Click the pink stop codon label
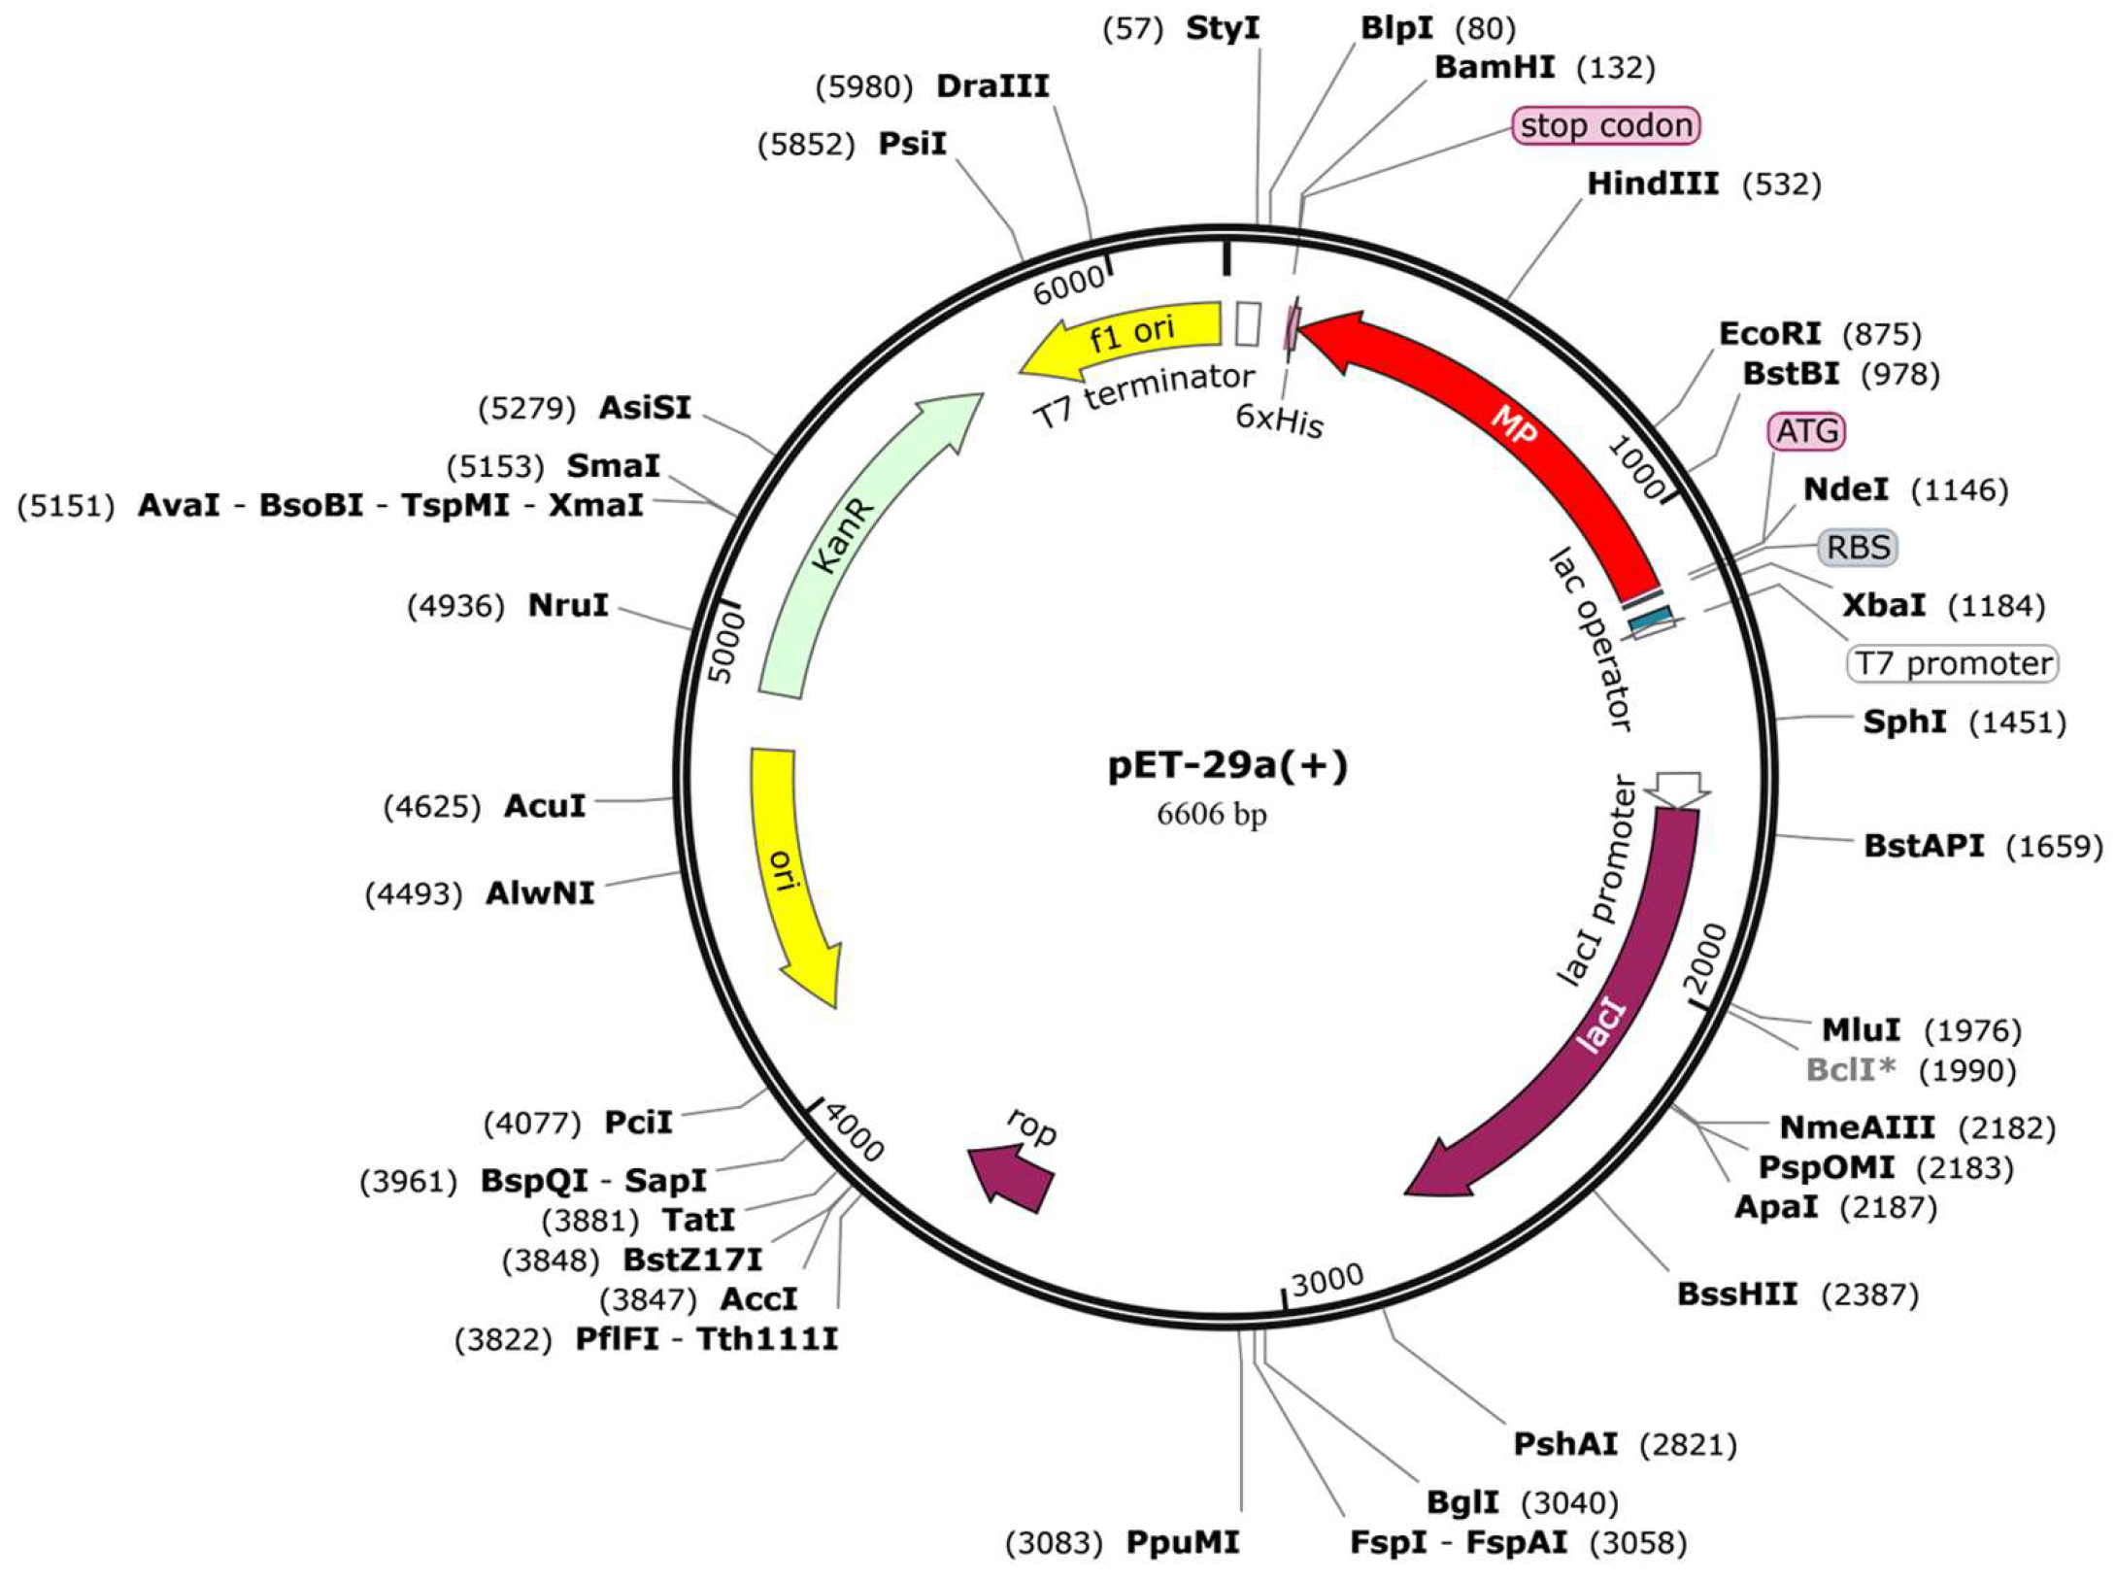tap(1606, 125)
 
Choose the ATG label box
tap(1807, 430)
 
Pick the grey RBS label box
tap(1858, 548)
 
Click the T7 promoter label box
tap(1952, 663)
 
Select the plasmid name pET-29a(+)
tap(1228, 765)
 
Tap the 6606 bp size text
tap(1211, 814)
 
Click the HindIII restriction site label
tap(1653, 184)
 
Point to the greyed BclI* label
tap(1851, 1069)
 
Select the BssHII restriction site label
tap(1737, 1294)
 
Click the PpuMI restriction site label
tap(1183, 1542)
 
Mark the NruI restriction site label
tap(568, 605)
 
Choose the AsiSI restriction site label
tap(645, 407)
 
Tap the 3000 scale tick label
tap(1327, 1280)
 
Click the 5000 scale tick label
tap(726, 647)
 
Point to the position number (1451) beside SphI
tap(2018, 723)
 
